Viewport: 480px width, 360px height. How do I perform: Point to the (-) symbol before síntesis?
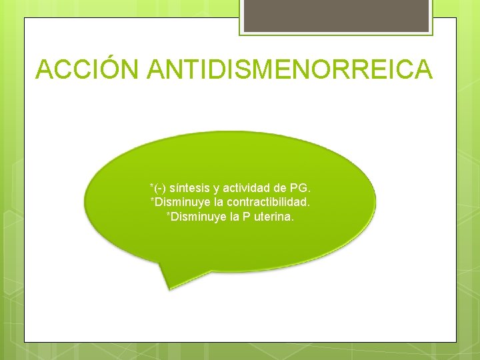coord(160,188)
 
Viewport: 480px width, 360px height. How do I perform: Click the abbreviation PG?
coord(299,188)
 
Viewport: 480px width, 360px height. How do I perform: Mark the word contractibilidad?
coord(268,202)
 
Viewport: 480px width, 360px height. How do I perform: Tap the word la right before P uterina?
coord(231,216)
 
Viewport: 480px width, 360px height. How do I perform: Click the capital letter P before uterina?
coord(243,216)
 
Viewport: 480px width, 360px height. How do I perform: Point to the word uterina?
coord(271,216)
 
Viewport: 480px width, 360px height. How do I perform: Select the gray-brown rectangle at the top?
coord(336,15)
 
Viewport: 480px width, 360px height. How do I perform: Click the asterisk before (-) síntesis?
coord(152,186)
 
